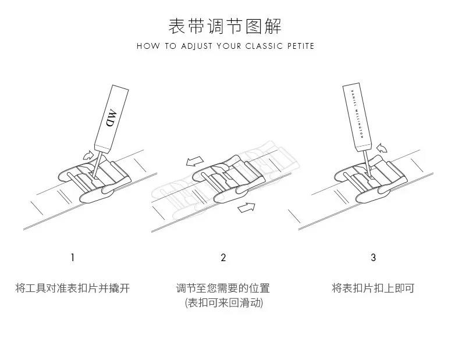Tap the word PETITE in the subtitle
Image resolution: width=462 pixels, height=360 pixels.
coord(299,46)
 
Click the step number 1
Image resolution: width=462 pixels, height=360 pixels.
coord(72,257)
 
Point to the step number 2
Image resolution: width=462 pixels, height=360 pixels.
coord(223,257)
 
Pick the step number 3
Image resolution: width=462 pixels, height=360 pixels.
coord(374,257)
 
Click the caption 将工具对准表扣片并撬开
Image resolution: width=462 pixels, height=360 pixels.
coord(72,288)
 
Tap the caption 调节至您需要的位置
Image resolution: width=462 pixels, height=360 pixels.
coord(223,288)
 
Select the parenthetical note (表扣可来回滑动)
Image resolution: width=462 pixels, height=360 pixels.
coord(223,303)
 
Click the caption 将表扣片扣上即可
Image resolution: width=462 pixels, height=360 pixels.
coord(373,288)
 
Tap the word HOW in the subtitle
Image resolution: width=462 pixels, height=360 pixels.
coord(146,46)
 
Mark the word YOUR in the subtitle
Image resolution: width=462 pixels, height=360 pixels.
coord(229,46)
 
